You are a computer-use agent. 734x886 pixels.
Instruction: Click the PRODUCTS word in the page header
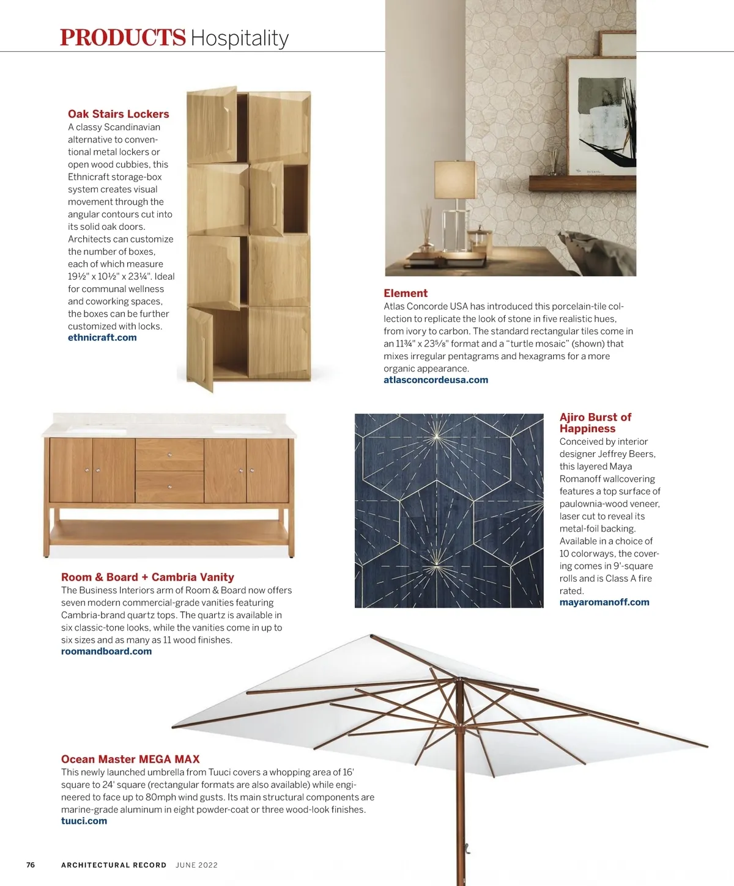tap(122, 37)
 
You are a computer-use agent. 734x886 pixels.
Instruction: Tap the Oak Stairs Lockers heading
tap(118, 114)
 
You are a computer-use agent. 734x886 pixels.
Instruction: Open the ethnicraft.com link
tap(102, 337)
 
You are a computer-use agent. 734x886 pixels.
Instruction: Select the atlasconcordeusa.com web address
tap(436, 379)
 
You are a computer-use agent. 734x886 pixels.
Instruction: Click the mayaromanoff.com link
tap(604, 602)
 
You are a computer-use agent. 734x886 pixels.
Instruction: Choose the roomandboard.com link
tap(106, 651)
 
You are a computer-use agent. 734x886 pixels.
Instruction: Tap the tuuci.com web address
tap(84, 821)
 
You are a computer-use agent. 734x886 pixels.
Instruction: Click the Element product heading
tap(406, 293)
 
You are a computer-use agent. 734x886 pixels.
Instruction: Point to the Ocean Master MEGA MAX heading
tap(130, 760)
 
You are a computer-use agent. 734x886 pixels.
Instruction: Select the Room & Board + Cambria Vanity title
tap(147, 577)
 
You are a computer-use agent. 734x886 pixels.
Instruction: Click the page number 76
tap(31, 865)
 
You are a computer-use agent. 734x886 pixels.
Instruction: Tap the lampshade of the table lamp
tap(454, 179)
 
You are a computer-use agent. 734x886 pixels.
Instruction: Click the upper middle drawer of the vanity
tap(169, 455)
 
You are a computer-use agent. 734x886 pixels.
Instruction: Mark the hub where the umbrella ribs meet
tap(457, 679)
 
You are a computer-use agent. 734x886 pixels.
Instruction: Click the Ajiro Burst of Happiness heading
tap(595, 423)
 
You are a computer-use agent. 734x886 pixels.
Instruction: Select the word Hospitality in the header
tap(239, 38)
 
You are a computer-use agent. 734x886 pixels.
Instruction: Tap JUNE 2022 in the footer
tap(196, 865)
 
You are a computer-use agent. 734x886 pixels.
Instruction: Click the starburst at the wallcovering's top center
tap(437, 435)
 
